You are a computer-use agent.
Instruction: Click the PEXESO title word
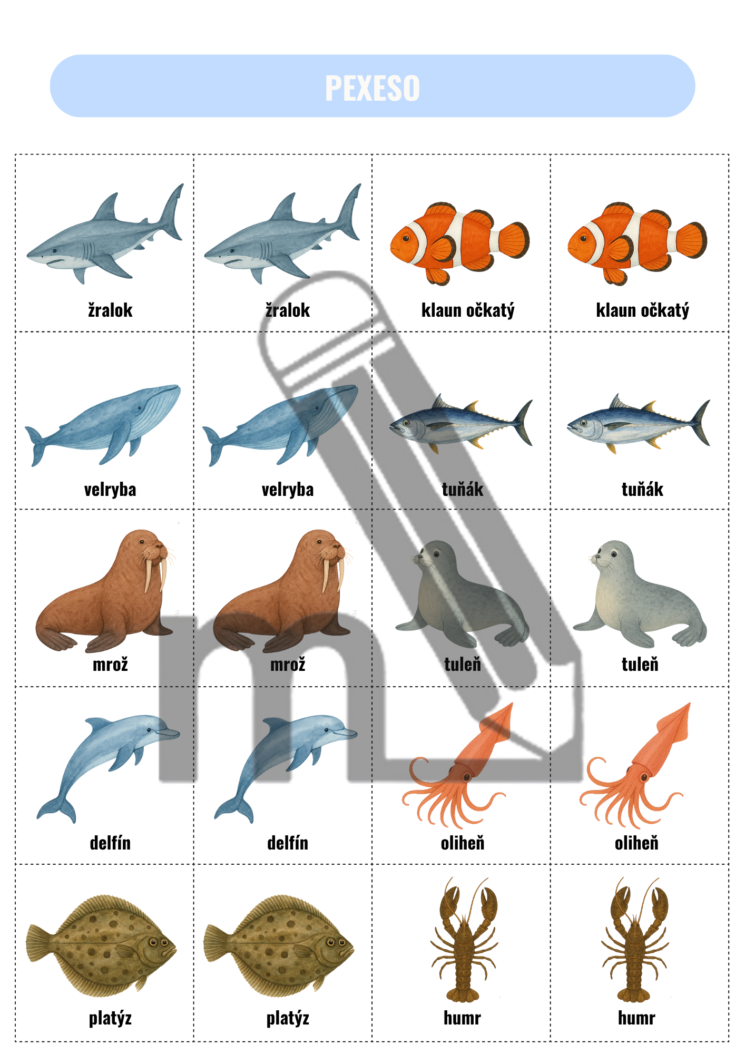pos(372,87)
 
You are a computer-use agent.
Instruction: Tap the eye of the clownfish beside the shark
pos(406,239)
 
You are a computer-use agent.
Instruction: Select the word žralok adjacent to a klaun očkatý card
pos(288,310)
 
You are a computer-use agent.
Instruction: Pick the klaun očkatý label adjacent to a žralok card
pos(468,310)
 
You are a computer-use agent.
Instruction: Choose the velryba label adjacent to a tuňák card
pos(288,490)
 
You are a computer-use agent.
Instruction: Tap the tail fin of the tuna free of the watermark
pos(701,423)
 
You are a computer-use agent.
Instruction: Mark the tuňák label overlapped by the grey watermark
pos(463,490)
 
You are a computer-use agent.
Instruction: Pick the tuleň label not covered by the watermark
pos(640,665)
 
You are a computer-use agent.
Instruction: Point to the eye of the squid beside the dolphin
pos(466,776)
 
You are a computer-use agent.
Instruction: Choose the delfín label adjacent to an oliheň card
pos(288,843)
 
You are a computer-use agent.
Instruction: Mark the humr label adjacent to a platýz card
pos(462,1018)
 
